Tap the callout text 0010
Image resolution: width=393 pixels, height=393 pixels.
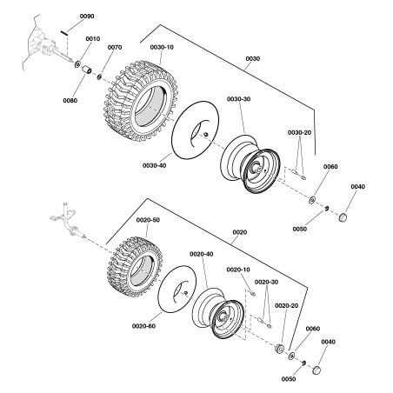(x=92, y=39)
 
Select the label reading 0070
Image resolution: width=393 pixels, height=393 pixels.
(x=114, y=48)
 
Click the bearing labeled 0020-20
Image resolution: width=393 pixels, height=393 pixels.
(x=281, y=349)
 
